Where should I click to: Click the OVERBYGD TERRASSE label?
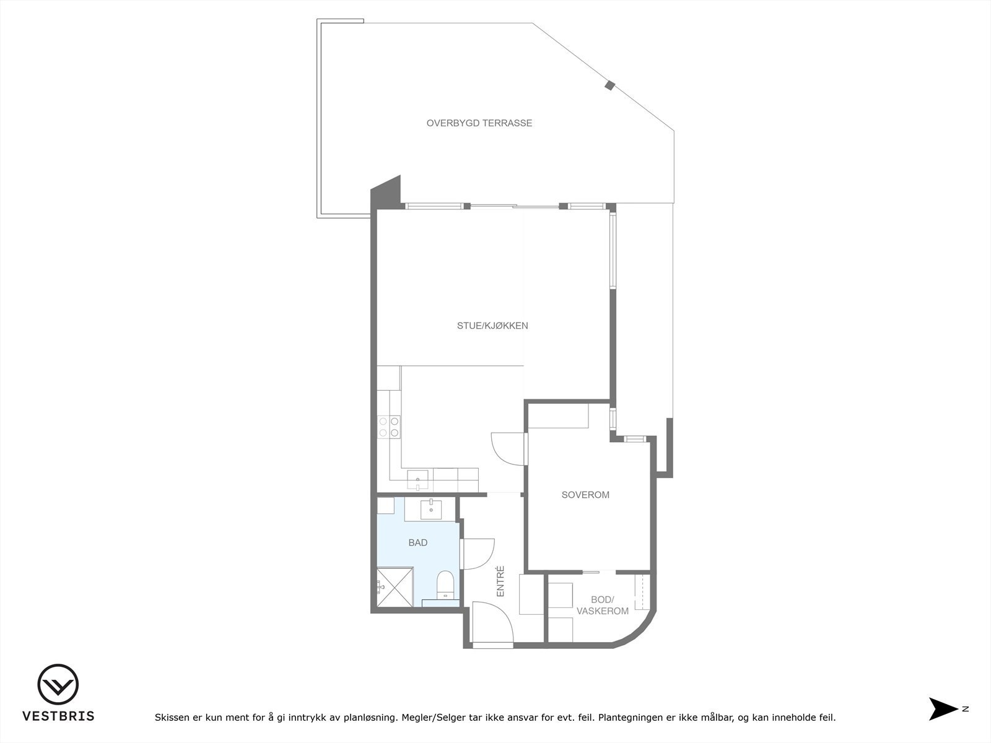pos(479,123)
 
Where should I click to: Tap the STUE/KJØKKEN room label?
pos(492,326)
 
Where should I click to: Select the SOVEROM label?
pos(585,495)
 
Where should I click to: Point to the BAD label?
pos(418,543)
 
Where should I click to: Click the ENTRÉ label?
pos(500,581)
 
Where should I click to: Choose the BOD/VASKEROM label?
pos(602,606)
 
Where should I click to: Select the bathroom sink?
pos(430,510)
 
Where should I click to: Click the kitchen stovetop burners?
pos(389,427)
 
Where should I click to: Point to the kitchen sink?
pos(417,477)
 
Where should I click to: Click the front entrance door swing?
pos(492,622)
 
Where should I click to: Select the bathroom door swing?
pos(478,553)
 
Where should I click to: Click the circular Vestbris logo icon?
pos(58,685)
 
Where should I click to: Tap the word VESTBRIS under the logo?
pos(58,716)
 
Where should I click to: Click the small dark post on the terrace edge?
pos(609,85)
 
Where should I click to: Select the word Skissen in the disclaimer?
pos(172,718)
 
